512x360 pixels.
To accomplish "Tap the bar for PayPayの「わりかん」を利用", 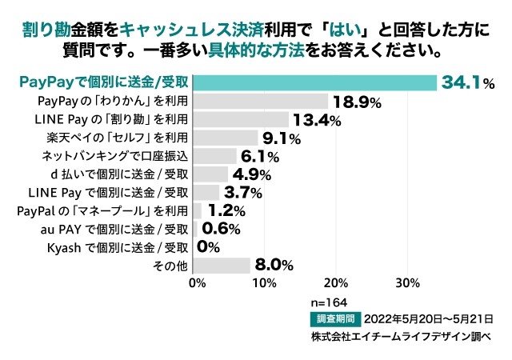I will coord(262,101).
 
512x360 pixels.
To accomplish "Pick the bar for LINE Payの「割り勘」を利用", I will coord(242,119).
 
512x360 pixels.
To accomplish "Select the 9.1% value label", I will coord(282,139).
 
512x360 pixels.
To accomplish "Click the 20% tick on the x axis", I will coord(336,282).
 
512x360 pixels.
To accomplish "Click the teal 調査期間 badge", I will coord(336,318).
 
